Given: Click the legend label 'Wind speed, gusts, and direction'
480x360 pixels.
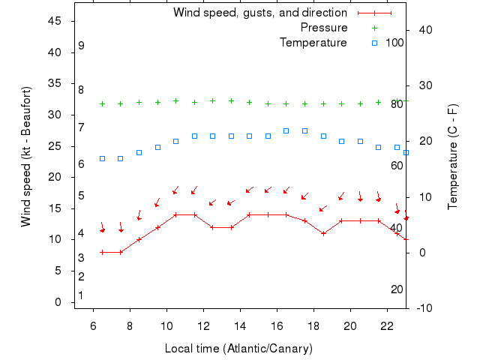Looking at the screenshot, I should [260, 13].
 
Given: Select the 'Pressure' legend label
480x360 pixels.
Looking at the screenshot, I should [324, 28].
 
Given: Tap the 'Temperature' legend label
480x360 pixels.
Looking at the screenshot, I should [313, 43].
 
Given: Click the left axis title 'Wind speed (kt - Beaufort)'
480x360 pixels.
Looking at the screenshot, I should [26, 157].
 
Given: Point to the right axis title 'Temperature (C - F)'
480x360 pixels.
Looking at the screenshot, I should [453, 157].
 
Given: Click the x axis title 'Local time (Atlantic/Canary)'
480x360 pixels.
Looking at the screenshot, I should [238, 349].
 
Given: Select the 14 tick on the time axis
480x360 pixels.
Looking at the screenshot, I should [240, 326].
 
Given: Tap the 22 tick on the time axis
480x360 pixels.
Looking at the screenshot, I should [387, 326].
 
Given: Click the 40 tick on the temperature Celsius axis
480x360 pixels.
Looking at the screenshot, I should [424, 29].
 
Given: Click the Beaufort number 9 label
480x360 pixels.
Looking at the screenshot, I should [81, 46].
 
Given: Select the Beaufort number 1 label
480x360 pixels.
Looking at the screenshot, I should [81, 295].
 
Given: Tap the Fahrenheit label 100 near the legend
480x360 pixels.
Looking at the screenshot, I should [395, 43].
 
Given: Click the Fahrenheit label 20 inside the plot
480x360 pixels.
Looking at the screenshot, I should [397, 289].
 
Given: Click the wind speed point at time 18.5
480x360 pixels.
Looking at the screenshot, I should [323, 233].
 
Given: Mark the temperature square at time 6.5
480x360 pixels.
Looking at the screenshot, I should [102, 158].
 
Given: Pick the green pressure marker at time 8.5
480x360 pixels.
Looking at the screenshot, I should [139, 102].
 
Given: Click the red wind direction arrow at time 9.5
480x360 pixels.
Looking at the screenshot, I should [157, 202].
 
